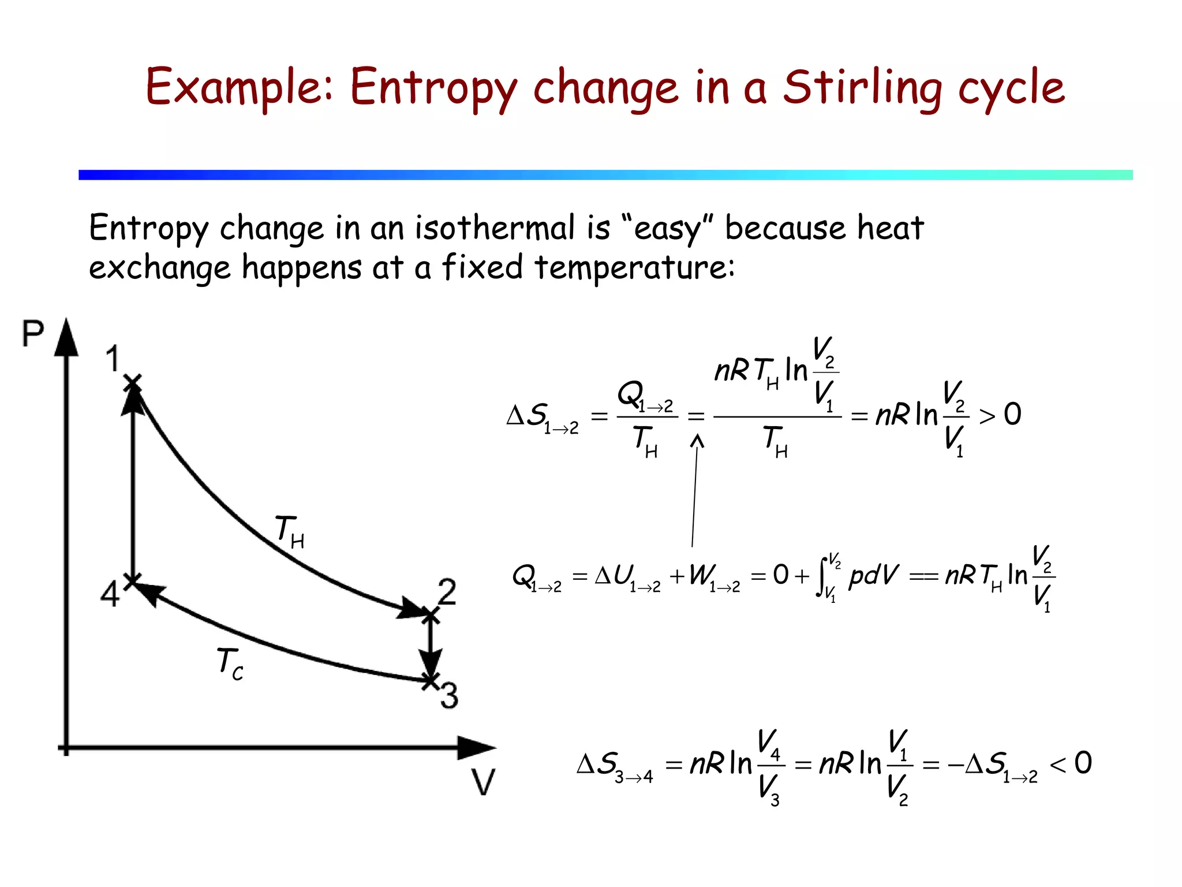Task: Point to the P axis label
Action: click(x=32, y=334)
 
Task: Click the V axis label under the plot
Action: click(x=483, y=782)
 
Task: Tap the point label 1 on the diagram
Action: click(x=113, y=359)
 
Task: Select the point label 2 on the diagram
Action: click(x=447, y=592)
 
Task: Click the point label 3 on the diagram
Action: click(x=449, y=695)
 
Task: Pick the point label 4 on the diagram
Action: click(x=110, y=594)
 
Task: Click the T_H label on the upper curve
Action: click(x=289, y=531)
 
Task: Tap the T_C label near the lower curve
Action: click(x=230, y=664)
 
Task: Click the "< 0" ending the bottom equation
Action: click(x=1071, y=763)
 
